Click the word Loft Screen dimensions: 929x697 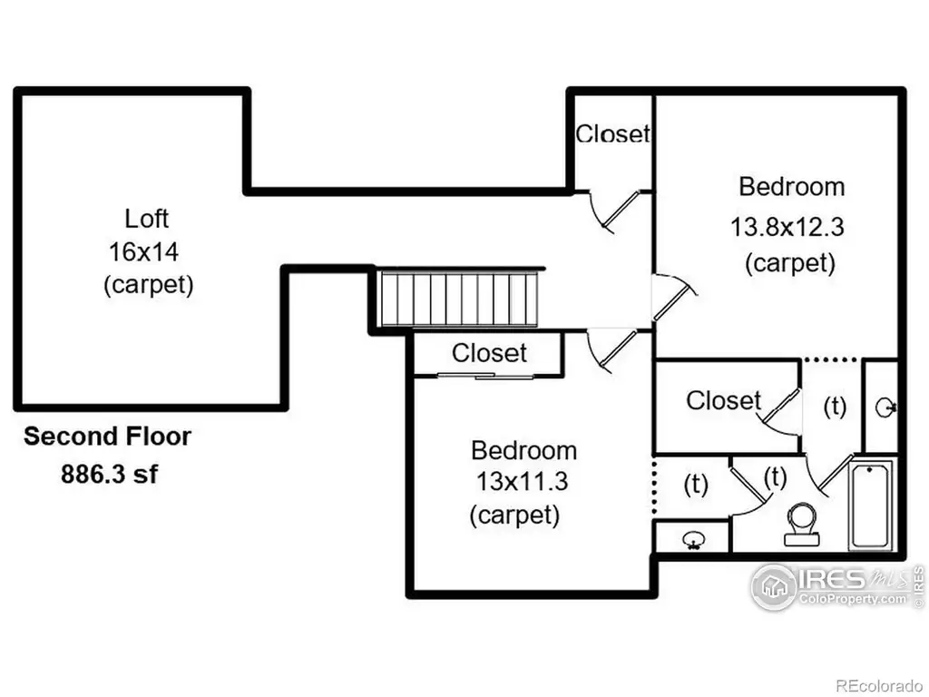pyautogui.click(x=146, y=219)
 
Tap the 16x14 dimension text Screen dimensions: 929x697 pyautogui.click(x=143, y=252)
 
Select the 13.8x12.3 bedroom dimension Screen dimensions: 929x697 pyautogui.click(x=787, y=227)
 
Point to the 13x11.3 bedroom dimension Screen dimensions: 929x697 pyautogui.click(x=522, y=481)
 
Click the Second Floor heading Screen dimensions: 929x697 pyautogui.click(x=107, y=437)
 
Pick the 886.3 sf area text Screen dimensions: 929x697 pyautogui.click(x=109, y=474)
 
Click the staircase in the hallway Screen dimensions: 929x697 pyautogui.click(x=459, y=298)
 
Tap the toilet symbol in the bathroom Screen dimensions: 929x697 pyautogui.click(x=802, y=525)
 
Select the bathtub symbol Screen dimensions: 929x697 pyautogui.click(x=871, y=506)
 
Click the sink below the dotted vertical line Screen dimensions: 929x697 pyautogui.click(x=692, y=540)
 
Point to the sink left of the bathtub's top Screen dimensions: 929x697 pyautogui.click(x=885, y=407)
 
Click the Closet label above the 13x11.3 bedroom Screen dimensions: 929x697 pyautogui.click(x=489, y=353)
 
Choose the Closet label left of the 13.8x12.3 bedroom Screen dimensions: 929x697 pyautogui.click(x=612, y=134)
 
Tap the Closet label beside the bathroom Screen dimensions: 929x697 pyautogui.click(x=723, y=400)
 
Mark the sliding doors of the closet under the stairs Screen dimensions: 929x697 pyautogui.click(x=485, y=375)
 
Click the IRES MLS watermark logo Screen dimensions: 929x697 pyautogui.click(x=836, y=585)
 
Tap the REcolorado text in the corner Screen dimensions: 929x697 pyautogui.click(x=879, y=685)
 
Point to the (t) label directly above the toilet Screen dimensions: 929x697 pyautogui.click(x=775, y=477)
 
